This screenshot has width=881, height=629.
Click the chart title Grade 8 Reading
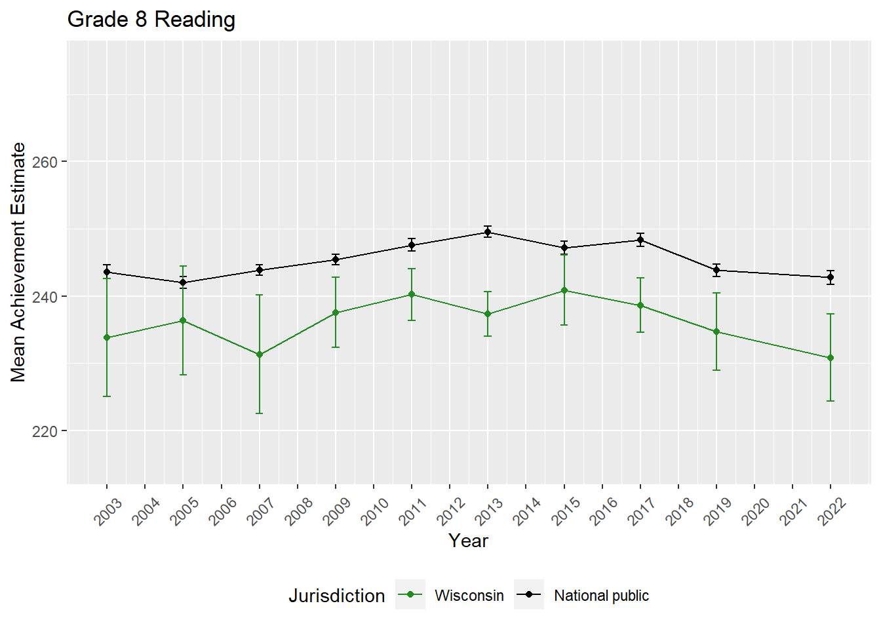(151, 20)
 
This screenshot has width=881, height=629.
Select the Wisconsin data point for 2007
(260, 354)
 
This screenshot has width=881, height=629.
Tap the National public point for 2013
(488, 232)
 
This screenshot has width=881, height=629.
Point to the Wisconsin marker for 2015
(564, 290)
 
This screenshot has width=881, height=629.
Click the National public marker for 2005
(184, 282)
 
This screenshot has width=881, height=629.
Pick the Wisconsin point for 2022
(831, 358)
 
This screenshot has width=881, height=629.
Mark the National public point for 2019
(716, 270)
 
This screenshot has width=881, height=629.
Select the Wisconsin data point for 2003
(107, 337)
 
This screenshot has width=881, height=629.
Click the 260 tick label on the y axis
(45, 162)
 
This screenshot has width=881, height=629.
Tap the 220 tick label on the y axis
(45, 432)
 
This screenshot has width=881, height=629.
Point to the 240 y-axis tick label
(45, 297)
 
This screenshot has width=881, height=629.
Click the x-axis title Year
(468, 541)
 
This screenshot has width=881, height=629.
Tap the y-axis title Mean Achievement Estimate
(18, 262)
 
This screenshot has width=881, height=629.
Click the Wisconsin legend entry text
(469, 596)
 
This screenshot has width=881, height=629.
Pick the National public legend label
(601, 596)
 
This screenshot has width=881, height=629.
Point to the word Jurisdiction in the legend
(337, 596)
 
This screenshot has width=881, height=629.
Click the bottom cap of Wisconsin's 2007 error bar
(260, 413)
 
